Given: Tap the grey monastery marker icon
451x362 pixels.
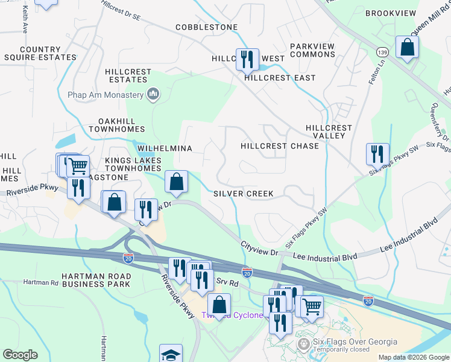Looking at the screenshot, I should tap(153, 94).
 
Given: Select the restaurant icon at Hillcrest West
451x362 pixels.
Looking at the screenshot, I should tap(247, 59).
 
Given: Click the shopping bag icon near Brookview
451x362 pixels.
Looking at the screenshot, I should tap(408, 48).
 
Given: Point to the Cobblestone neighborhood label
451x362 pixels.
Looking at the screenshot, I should tap(207, 28).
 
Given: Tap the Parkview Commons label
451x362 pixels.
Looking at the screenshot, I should tap(312, 50).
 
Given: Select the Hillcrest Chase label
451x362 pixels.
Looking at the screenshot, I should tap(279, 146).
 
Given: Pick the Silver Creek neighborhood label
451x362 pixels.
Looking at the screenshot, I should tap(244, 194).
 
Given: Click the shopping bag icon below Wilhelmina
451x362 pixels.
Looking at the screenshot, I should tap(176, 182).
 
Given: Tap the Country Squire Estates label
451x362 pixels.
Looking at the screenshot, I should tap(40, 53).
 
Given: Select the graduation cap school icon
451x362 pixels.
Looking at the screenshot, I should tap(171, 354).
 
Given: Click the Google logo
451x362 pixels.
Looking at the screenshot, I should tap(20, 355).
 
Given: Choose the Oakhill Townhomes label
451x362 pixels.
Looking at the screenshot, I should tap(116, 125).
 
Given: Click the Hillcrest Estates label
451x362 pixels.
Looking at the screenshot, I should tap(128, 75).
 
